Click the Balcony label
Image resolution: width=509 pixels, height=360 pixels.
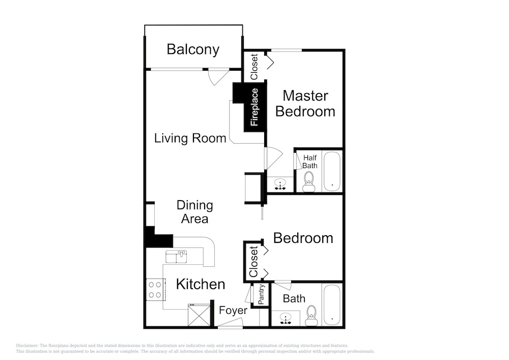(193, 49)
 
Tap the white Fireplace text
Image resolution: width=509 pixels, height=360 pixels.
(254, 107)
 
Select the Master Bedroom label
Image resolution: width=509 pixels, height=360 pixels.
(305, 103)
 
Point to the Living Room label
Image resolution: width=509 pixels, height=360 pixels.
(190, 139)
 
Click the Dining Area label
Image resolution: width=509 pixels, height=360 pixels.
(195, 212)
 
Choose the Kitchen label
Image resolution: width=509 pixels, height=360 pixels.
(201, 284)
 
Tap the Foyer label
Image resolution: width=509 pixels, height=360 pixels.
(233, 311)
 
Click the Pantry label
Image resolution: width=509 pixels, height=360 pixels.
(261, 294)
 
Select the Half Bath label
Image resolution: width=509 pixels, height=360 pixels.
(310, 161)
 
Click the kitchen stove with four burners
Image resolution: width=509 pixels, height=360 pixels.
(155, 290)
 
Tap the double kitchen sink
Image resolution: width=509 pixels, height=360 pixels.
(176, 257)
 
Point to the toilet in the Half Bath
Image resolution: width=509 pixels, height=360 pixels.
(309, 182)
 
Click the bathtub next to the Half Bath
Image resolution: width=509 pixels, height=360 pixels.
(332, 172)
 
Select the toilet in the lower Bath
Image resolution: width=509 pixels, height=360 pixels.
(312, 316)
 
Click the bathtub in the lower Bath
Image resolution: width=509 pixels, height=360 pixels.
(332, 305)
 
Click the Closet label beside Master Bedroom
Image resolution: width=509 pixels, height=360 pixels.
(254, 67)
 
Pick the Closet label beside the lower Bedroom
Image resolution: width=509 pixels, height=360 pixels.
(253, 262)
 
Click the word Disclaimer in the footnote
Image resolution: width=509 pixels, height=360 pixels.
(27, 346)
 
